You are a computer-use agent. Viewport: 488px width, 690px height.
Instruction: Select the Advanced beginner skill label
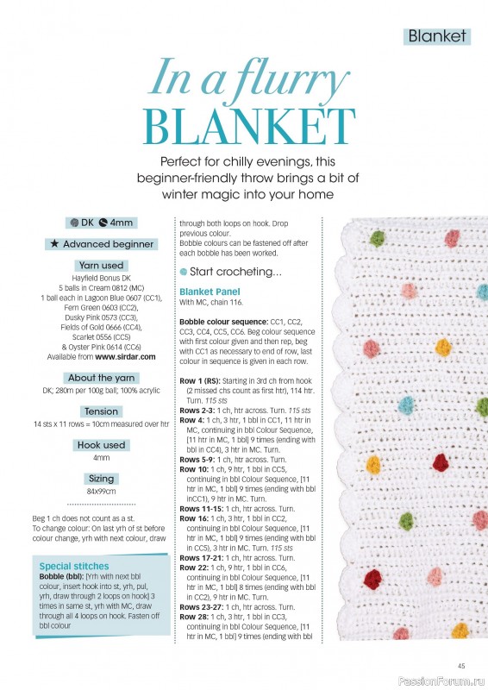tap(108, 244)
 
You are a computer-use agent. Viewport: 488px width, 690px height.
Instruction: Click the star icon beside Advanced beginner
tap(55, 244)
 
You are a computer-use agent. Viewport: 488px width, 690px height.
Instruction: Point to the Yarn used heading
tap(102, 266)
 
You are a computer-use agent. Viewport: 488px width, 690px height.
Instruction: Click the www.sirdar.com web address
tap(125, 356)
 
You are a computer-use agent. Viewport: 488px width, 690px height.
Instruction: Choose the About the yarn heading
tap(102, 378)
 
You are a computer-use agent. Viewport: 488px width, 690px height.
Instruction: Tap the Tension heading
tap(102, 411)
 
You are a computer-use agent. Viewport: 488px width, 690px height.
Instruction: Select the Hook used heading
tap(102, 445)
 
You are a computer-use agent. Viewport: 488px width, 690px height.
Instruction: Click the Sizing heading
tap(102, 477)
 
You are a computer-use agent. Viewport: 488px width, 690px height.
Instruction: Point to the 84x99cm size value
tap(102, 491)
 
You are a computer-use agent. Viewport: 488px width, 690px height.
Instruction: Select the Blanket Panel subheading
tap(208, 292)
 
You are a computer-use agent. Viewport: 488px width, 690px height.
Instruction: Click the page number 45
tap(462, 664)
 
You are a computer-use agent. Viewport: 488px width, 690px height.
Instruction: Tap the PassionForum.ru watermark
tap(452, 681)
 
